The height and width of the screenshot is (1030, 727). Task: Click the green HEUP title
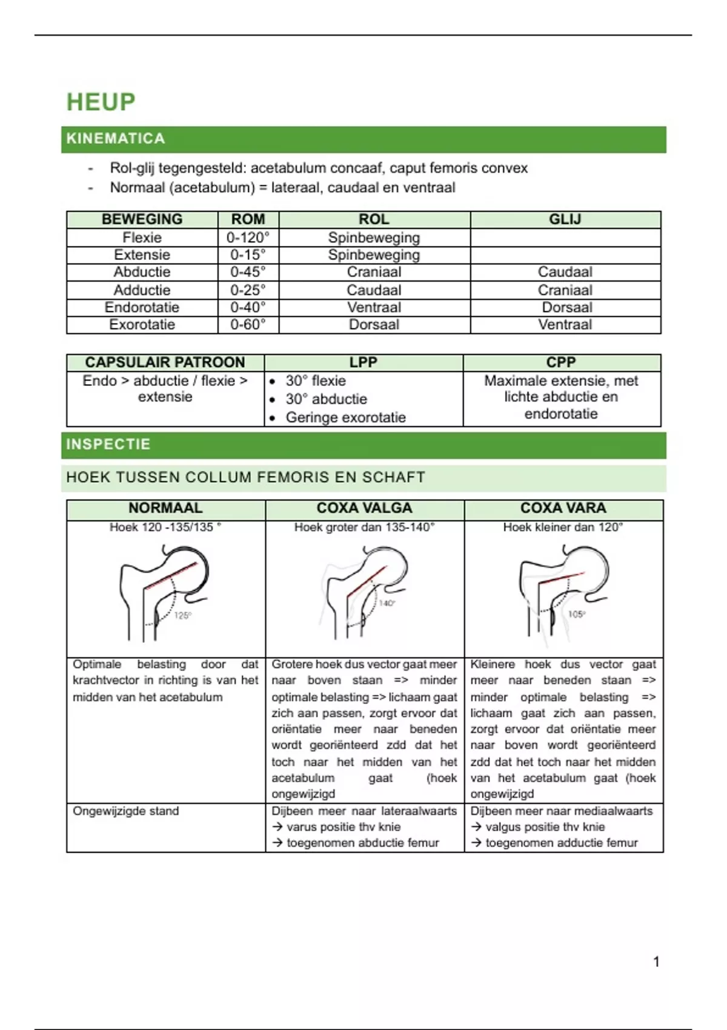101,102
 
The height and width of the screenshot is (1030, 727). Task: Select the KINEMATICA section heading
115,139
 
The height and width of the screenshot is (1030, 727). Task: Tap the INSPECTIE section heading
108,444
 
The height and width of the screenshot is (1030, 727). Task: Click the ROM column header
248,219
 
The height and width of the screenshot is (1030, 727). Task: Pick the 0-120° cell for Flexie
248,238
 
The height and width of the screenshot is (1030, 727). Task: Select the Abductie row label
142,272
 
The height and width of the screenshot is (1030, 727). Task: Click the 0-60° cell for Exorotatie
248,325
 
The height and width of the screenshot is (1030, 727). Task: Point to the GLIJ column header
565,219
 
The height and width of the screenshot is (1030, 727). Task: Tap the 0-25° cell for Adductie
248,290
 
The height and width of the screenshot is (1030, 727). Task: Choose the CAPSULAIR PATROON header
165,362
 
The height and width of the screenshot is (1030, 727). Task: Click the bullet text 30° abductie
326,399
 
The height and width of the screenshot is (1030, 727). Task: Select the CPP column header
561,362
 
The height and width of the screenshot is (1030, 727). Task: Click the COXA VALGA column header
364,508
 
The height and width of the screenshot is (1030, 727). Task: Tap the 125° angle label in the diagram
182,616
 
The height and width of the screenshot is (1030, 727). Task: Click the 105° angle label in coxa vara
576,614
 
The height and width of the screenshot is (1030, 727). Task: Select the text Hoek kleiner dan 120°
563,528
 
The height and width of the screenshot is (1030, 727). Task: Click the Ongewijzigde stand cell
126,811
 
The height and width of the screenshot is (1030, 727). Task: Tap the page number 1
656,962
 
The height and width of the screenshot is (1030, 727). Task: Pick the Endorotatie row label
142,307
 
